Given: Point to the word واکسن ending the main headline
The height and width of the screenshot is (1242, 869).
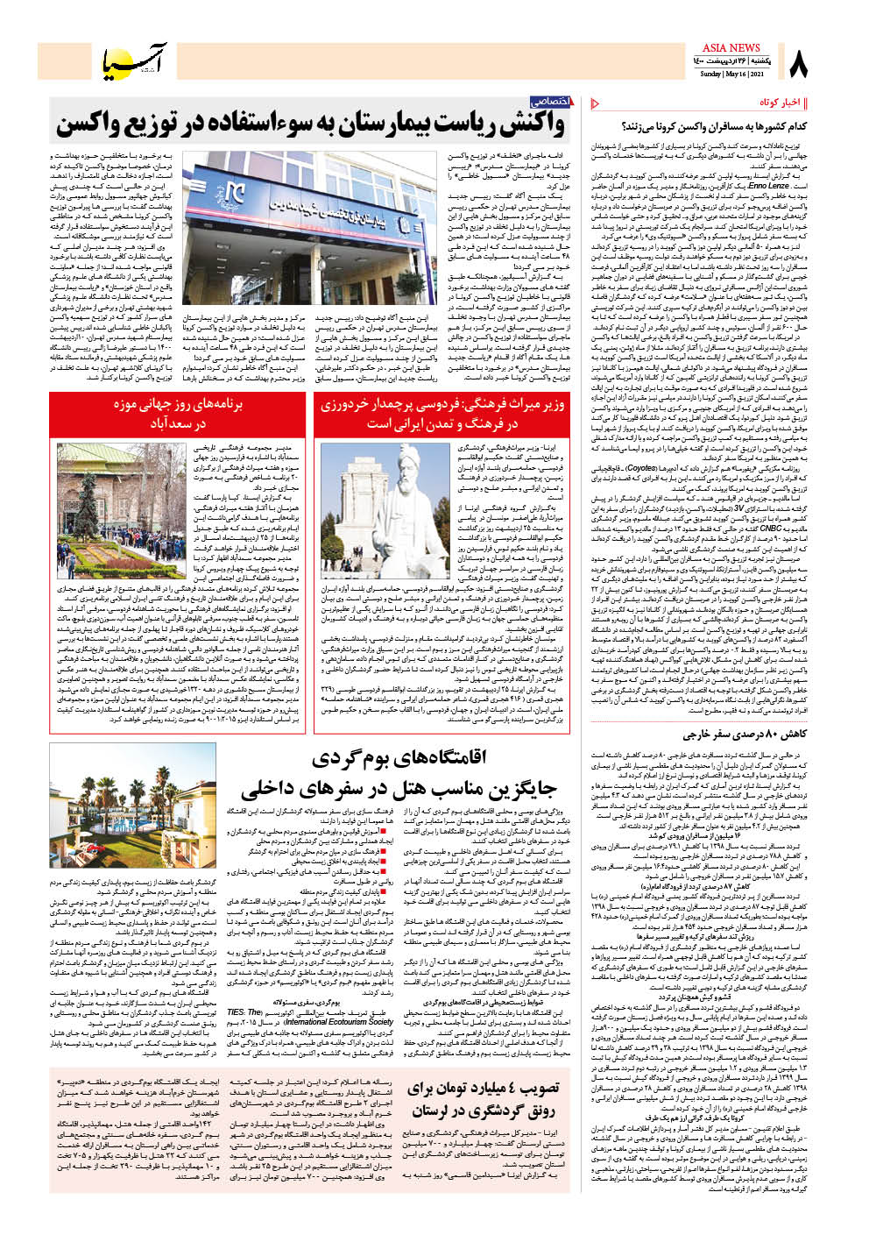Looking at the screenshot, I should tap(94, 124).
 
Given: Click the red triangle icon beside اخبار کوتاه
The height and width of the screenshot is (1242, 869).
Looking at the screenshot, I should tap(596, 103).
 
